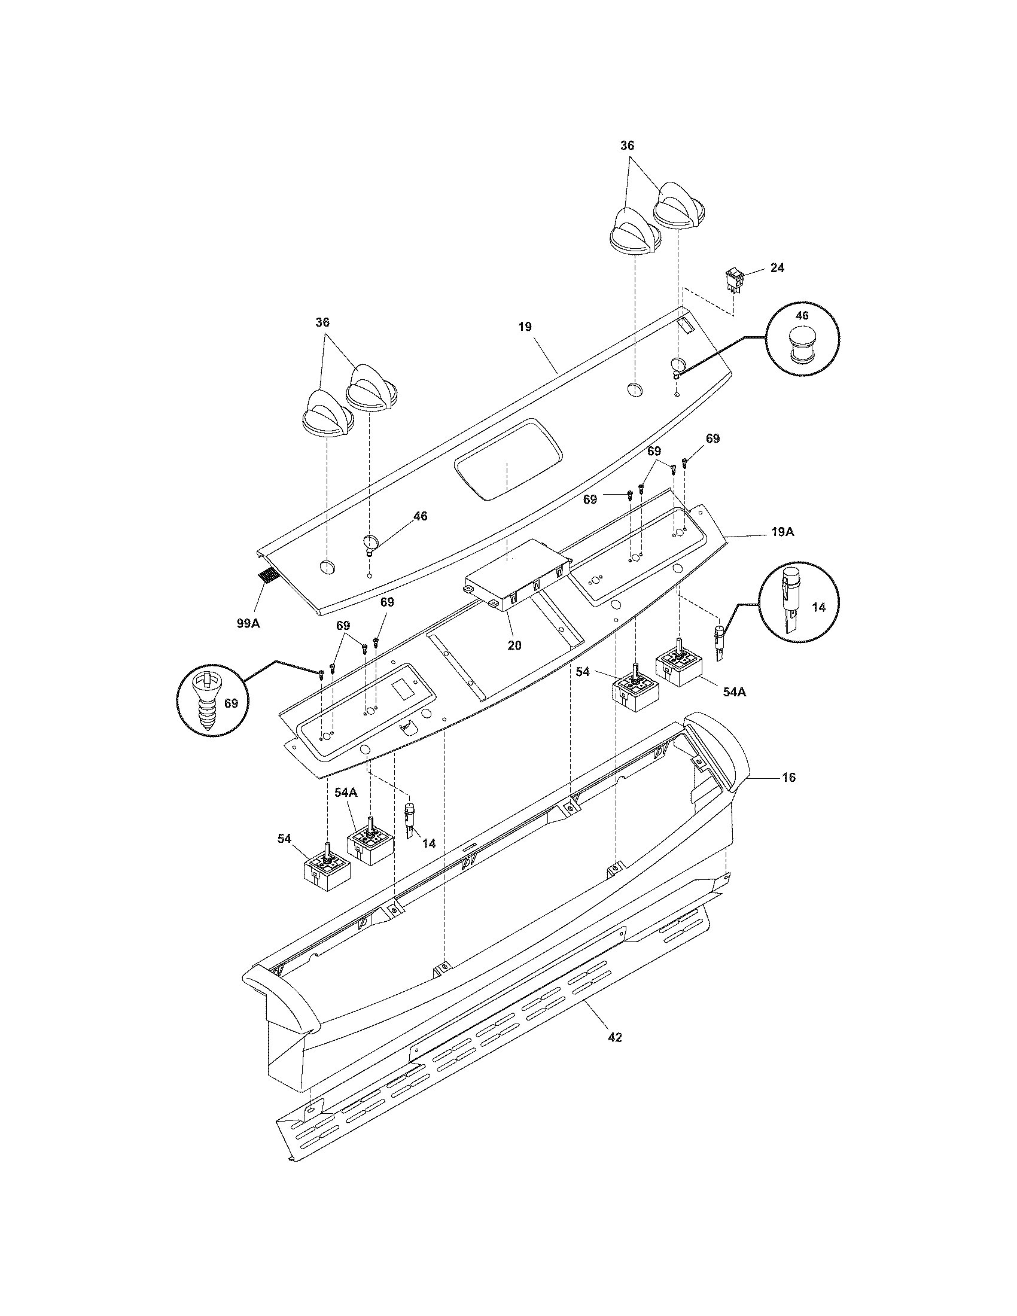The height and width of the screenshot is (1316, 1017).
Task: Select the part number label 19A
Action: [x=781, y=532]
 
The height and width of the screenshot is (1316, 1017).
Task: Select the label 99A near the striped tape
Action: [x=248, y=624]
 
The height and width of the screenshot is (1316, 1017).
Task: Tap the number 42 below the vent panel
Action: [x=614, y=1037]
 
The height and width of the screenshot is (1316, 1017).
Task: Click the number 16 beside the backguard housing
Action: [x=788, y=777]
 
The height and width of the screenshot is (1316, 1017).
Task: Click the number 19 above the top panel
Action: [x=525, y=327]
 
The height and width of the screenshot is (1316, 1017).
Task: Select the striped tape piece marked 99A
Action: [x=266, y=575]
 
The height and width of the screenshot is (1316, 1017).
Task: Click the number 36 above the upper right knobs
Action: [x=627, y=146]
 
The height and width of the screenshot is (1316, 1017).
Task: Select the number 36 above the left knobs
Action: [x=322, y=322]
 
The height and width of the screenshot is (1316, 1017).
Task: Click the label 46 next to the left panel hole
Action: [x=420, y=516]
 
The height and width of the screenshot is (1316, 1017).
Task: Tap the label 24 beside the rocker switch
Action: [x=777, y=267]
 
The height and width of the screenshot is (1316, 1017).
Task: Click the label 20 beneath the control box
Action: [x=514, y=645]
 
